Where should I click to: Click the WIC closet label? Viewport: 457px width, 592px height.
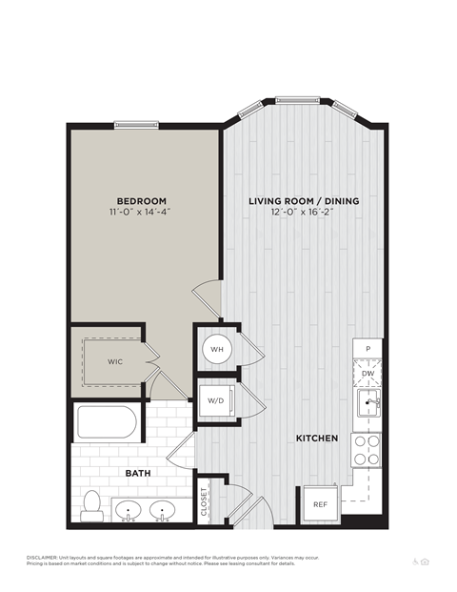tap(114, 362)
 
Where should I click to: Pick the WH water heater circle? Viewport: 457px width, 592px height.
tap(217, 350)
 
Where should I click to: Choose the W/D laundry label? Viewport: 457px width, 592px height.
tap(216, 399)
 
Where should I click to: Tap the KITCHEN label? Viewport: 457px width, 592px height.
tap(317, 439)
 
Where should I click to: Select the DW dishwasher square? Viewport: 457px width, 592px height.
tap(368, 374)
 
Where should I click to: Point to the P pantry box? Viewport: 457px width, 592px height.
tap(368, 349)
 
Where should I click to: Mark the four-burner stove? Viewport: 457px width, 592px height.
tap(368, 449)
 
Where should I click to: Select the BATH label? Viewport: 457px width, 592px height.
tap(138, 472)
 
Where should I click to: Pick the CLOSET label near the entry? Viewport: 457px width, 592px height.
tap(205, 501)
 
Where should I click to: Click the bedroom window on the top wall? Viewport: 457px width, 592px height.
tap(136, 123)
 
